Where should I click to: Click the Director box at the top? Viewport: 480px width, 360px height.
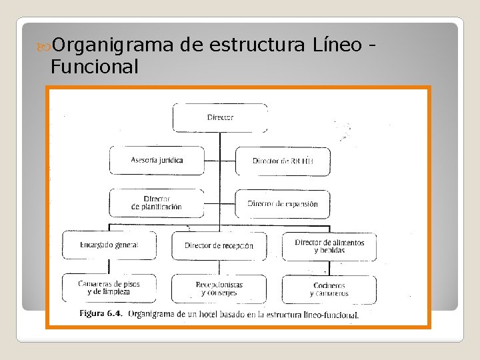[x=220, y=117]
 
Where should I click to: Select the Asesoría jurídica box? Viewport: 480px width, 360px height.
[x=157, y=161]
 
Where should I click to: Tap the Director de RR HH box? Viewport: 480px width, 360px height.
[x=283, y=161]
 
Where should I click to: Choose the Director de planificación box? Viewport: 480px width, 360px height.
[x=157, y=203]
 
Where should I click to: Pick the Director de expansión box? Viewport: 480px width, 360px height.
[x=283, y=203]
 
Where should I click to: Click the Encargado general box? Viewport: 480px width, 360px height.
[x=109, y=245]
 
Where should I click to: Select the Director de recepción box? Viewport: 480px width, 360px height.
[x=219, y=245]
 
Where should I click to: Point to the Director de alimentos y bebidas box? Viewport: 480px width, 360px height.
[x=329, y=246]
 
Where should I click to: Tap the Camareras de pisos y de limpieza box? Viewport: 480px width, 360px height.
[x=109, y=288]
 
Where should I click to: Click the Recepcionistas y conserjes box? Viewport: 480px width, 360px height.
[x=219, y=288]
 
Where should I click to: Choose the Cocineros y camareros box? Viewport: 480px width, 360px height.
[x=329, y=289]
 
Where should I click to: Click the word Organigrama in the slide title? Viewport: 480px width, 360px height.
[x=114, y=45]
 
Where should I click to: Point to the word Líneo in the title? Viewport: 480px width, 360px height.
[x=337, y=45]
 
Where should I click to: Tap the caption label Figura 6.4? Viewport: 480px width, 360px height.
[x=101, y=313]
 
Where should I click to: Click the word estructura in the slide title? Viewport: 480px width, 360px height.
[x=257, y=45]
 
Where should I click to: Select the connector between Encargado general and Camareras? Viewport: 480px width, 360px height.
[x=109, y=267]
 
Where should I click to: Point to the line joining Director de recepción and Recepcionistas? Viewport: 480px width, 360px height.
[x=219, y=267]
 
